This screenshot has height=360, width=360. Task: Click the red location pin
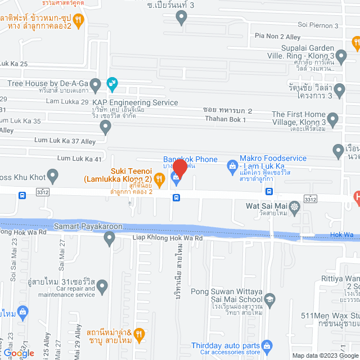[x=179, y=168]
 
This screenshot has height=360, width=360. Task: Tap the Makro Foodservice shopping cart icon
[x=231, y=166]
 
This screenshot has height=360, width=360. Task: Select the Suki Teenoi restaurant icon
[x=159, y=180]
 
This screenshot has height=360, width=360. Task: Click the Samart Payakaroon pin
[x=109, y=239]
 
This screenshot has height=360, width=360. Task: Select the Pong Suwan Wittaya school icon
[x=269, y=299]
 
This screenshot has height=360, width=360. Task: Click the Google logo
[x=18, y=353]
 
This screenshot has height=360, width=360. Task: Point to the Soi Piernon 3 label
[x=318, y=25]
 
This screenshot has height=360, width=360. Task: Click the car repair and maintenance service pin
[x=102, y=287]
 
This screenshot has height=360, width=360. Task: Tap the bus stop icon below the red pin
[x=176, y=197]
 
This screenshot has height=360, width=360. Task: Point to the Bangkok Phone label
[x=190, y=159]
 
